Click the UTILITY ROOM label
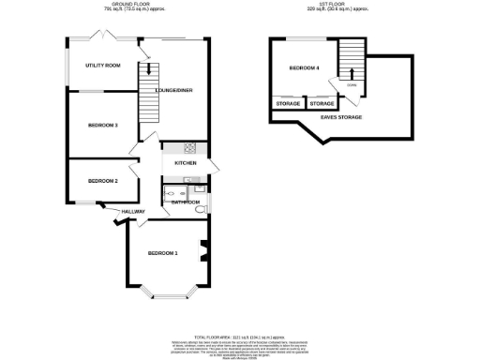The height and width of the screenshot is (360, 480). point(103,66)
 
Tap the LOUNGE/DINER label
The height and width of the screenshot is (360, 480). point(161,90)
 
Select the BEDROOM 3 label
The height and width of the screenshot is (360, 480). point(102,125)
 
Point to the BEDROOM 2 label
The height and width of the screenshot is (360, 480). point(102,180)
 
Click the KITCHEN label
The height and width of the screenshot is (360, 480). point(185,164)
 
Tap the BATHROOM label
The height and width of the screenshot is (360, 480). point(186,202)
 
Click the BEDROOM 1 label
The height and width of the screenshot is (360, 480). point(163,253)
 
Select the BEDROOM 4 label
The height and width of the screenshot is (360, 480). point(304,68)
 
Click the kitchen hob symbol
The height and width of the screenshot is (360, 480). point(188,147)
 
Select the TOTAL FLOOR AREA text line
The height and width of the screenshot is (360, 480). point(239,335)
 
